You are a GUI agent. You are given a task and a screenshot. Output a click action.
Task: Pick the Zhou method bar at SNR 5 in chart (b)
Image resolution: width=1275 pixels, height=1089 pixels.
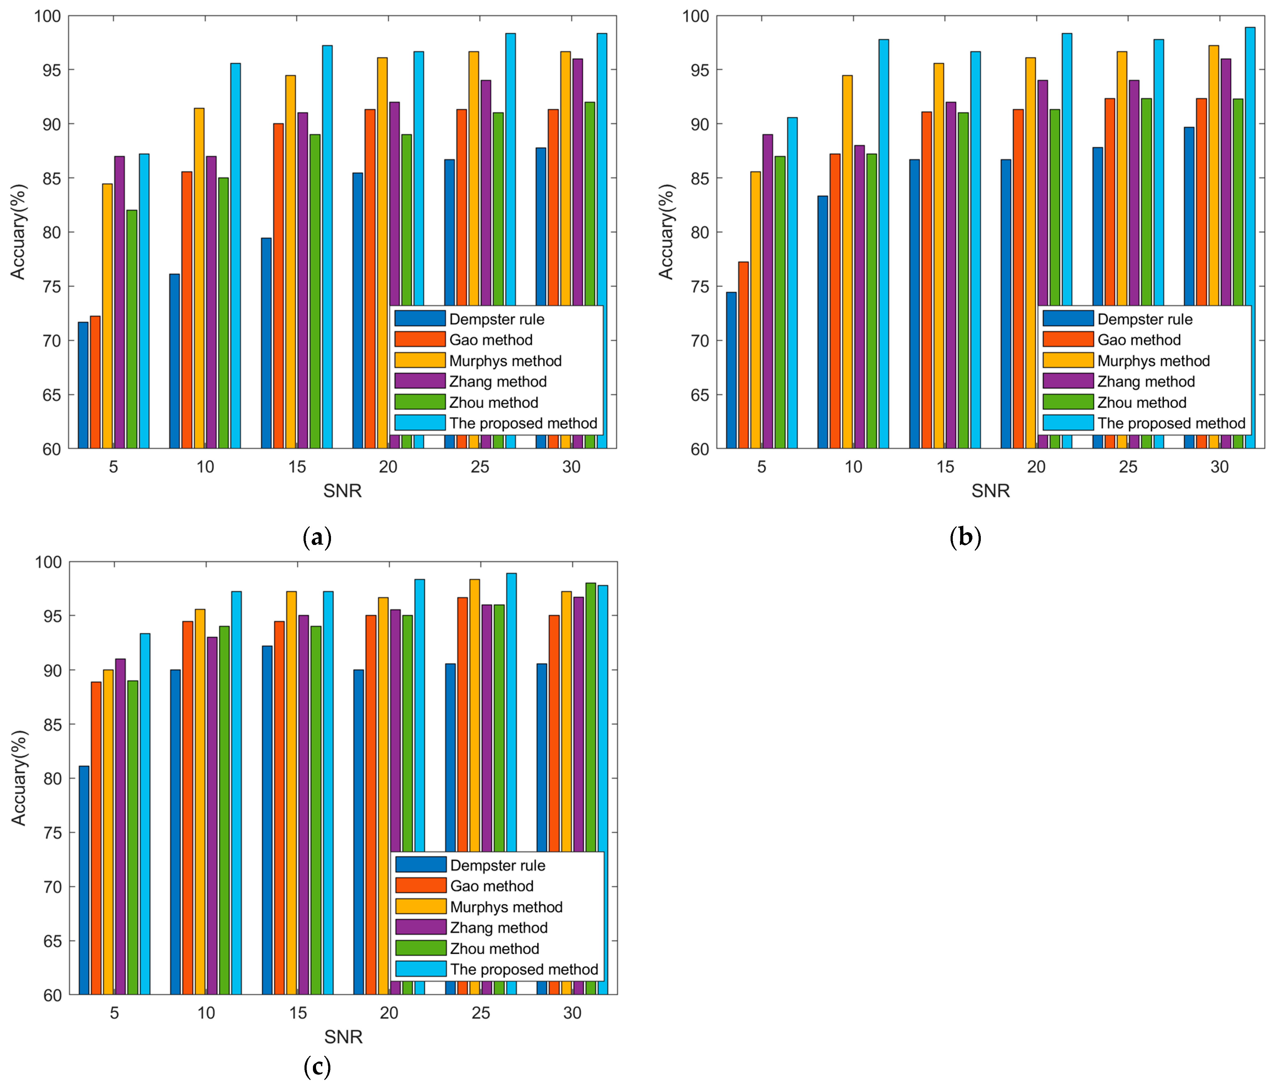(x=780, y=301)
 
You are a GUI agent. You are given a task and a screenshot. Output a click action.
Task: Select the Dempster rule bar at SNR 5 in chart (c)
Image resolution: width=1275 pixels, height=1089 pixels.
(x=84, y=880)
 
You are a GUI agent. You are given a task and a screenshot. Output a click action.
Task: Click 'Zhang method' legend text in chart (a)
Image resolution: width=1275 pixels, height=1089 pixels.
(x=498, y=382)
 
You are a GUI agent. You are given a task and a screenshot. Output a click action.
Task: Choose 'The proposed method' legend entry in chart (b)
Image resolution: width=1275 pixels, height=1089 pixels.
(x=1171, y=423)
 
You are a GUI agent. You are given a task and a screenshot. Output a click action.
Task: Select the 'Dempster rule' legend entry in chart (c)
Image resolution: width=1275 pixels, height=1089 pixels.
(x=497, y=865)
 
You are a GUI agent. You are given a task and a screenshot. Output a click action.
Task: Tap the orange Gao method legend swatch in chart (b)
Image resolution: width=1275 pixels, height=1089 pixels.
(x=1068, y=340)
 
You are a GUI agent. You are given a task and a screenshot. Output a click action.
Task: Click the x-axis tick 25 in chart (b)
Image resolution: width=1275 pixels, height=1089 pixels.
(x=1128, y=467)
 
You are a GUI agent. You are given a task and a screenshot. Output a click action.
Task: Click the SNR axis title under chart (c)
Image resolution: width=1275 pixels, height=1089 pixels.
(x=343, y=1037)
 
